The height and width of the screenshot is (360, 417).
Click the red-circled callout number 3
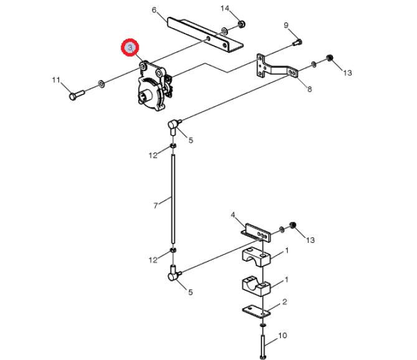pos(130,48)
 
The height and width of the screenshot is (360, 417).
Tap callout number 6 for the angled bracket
pos(154,10)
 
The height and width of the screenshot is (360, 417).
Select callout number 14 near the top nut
pos(225,9)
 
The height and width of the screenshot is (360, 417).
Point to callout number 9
pos(286,26)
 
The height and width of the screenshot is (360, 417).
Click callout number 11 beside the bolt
pos(56,80)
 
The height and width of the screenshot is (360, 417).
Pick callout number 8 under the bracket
pos(309,89)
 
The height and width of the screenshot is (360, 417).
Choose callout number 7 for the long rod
pos(156,206)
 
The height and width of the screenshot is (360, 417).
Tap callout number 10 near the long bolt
pos(283,336)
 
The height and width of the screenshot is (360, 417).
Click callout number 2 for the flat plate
pos(284,302)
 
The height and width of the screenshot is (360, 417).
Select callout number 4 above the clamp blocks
pos(233,215)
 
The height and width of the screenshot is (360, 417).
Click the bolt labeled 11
pos(77,95)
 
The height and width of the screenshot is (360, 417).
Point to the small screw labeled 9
pos(298,42)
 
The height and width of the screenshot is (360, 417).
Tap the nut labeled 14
pos(241,24)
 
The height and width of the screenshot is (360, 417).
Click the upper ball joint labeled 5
pos(174,126)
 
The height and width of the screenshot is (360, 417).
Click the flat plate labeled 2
pos(256,311)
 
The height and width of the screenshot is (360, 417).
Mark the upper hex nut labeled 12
pos(173,146)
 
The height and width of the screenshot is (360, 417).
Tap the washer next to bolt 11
pos(101,84)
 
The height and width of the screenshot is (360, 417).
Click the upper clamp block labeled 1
pos(256,257)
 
